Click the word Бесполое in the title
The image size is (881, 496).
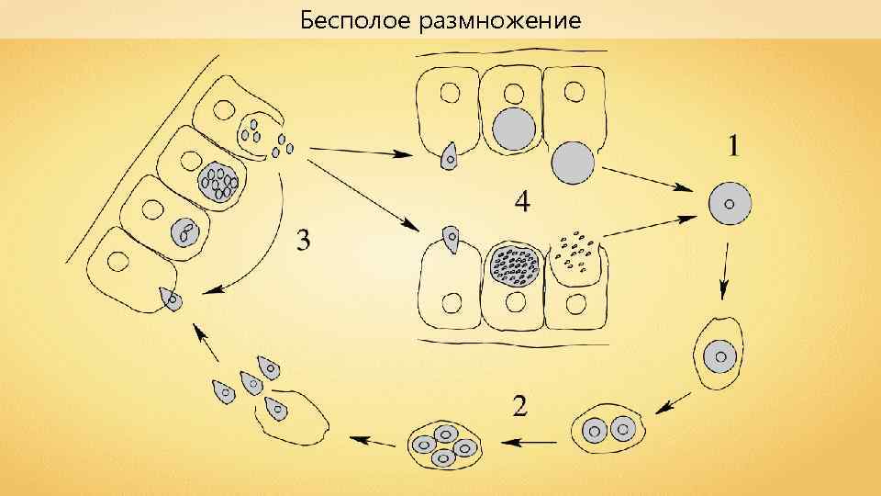(x=355, y=19)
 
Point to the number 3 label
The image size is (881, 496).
(x=303, y=241)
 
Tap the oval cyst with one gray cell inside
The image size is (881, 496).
(x=720, y=354)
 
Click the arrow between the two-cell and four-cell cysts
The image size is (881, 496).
(x=529, y=442)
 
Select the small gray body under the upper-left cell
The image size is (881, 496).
(x=450, y=158)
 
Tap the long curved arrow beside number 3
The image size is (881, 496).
(x=266, y=239)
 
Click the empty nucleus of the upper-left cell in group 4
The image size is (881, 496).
(x=450, y=94)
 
